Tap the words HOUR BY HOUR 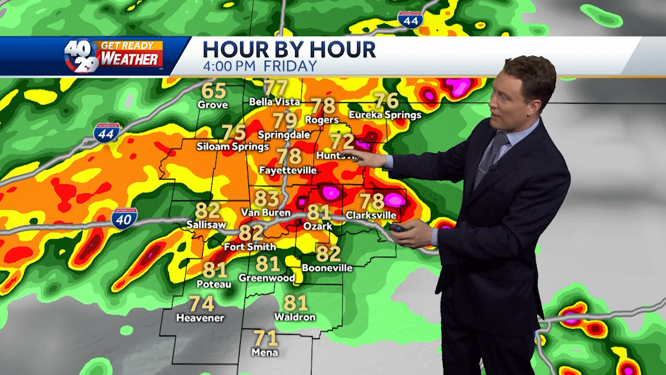pos(289,49)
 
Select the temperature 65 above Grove pos(214,92)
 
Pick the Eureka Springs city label pos(385,115)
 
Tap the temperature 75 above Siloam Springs pos(234,133)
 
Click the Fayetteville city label pos(288,170)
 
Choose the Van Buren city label pos(265,212)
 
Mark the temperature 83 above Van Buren pos(267,199)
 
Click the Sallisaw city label pos(207,224)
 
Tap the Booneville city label pos(327,267)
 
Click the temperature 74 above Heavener pos(202,304)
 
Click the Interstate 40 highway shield pos(124,218)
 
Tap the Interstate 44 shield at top pos(410,20)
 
